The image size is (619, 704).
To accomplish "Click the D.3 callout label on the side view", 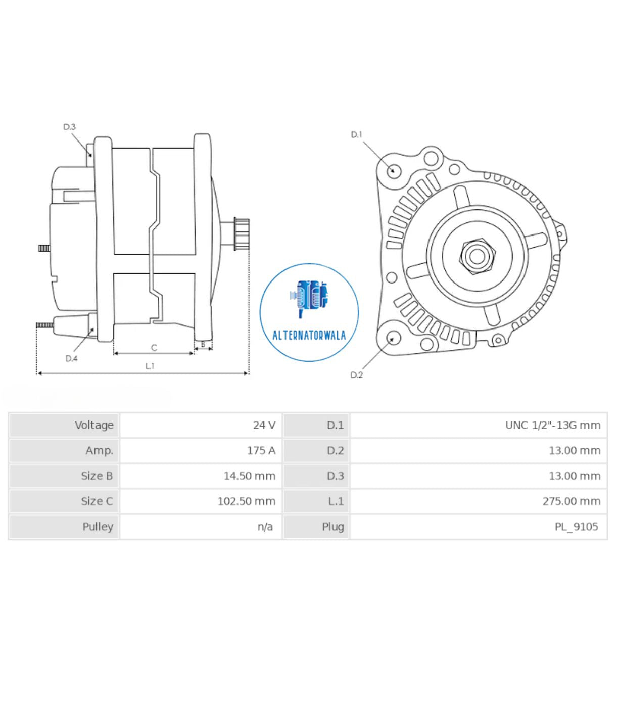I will tap(69, 127).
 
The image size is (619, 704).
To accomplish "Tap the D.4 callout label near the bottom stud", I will tap(71, 358).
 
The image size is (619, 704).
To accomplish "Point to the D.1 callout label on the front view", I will tap(357, 134).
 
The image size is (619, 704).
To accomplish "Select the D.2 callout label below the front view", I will tap(357, 374).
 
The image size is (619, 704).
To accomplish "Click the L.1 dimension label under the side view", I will tap(150, 366).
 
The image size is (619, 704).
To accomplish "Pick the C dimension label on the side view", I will tap(154, 348).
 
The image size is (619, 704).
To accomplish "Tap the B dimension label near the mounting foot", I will tap(203, 344).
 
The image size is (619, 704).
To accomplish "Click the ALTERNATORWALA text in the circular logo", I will tap(309, 336).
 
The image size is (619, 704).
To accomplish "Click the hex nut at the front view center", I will tap(477, 257).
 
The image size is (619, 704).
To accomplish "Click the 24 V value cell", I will tap(264, 425).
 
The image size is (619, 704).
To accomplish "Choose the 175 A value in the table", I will tap(261, 450).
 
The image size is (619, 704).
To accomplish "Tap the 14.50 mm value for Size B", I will tap(249, 476).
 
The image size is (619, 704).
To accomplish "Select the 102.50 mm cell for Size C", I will tap(246, 501).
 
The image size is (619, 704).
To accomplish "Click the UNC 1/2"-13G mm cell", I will tap(552, 425).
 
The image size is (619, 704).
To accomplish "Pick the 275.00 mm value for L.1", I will tap(571, 501).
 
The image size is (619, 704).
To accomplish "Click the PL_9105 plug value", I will tap(576, 526).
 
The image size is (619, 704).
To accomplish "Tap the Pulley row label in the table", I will tap(98, 526).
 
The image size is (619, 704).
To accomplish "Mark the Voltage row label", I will tap(94, 425).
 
